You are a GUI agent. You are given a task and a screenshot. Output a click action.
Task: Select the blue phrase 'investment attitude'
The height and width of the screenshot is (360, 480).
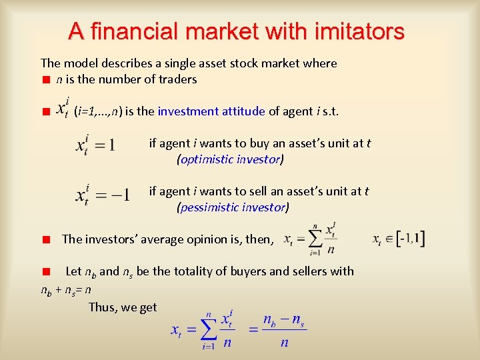(211, 111)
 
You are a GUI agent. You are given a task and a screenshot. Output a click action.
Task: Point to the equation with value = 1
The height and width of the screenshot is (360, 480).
(95, 145)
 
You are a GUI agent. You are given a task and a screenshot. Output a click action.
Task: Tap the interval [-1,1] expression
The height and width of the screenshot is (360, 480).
(399, 239)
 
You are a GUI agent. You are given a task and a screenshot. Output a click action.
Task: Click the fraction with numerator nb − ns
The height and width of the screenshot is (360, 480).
(283, 331)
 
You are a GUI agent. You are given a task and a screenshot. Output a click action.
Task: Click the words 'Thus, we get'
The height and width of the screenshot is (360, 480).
(123, 307)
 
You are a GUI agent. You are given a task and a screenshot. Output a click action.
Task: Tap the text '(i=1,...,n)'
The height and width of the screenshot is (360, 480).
(98, 111)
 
